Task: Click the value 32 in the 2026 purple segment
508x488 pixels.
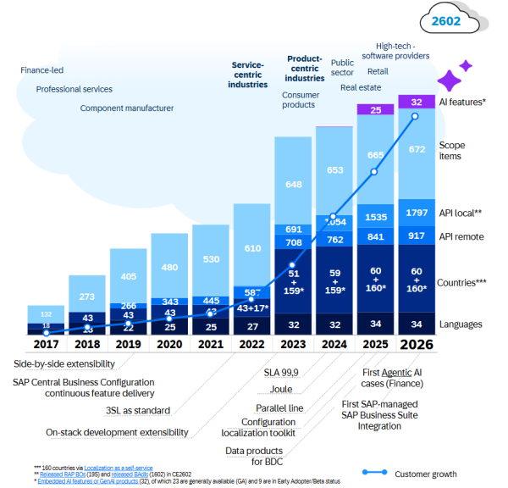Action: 417,102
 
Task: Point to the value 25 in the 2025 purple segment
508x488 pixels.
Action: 375,110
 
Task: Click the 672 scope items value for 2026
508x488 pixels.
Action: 417,150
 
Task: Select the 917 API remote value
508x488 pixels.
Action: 417,236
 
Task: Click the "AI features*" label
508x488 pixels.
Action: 462,102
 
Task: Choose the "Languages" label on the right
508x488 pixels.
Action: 462,324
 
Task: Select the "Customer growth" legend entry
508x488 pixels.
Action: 442,472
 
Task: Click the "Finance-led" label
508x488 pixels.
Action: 42,70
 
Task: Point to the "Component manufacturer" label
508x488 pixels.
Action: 127,108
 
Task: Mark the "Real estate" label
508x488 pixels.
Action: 360,86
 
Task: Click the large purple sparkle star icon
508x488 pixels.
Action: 449,80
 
